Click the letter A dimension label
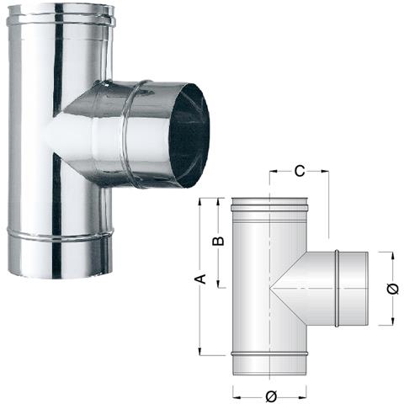click(200, 278)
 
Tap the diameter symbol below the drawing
click(268, 396)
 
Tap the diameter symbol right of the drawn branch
click(393, 289)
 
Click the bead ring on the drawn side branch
click(337, 287)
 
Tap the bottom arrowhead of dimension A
click(200, 351)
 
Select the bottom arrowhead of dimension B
click(219, 284)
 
